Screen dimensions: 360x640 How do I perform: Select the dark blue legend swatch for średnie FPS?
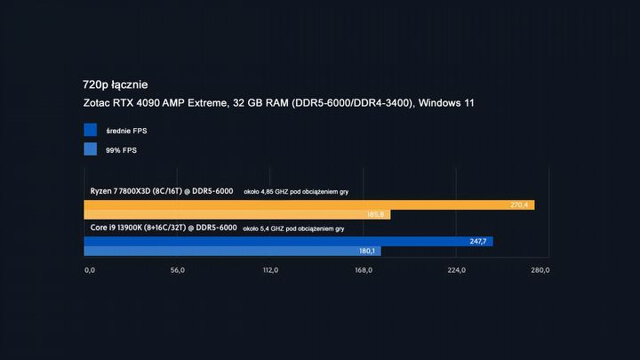[x=90, y=130]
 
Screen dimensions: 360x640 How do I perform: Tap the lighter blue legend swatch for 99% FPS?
[x=90, y=149]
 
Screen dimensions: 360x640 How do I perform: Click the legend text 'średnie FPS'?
[x=126, y=131]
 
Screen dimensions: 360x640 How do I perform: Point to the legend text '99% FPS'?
[x=122, y=150]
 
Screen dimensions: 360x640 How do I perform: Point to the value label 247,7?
[x=479, y=241]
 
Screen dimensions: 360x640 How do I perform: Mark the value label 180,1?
[x=368, y=252]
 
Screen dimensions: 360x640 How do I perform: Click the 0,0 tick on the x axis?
[x=90, y=270]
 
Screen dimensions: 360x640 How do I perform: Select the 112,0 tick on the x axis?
[x=270, y=270]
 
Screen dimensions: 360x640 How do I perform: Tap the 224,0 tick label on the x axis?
[x=455, y=270]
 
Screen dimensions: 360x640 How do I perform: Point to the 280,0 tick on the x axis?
[x=540, y=270]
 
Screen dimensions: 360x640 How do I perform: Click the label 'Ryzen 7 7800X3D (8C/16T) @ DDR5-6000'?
[x=162, y=191]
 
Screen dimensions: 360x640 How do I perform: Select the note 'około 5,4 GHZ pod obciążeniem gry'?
[x=293, y=228]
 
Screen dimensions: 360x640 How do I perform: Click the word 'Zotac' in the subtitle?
[x=99, y=104]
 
